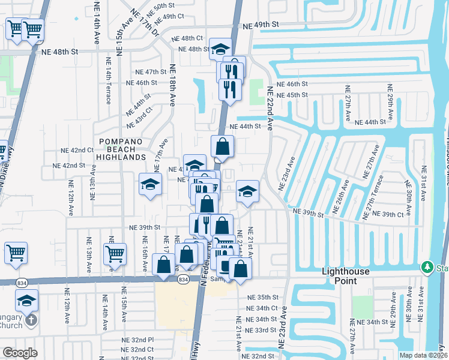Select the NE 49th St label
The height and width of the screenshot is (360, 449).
pos(261,25)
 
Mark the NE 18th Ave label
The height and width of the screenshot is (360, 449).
pos(172,85)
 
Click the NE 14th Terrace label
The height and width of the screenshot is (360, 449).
pos(109,86)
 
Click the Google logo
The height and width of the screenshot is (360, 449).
pos(20,352)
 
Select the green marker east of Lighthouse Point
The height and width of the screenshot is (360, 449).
pos(427,266)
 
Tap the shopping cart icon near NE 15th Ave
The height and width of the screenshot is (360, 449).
pos(115,253)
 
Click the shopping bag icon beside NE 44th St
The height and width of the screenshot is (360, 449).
pos(222,146)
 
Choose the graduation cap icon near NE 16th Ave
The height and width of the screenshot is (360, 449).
pos(150,185)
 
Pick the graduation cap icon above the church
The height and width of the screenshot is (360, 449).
pos(26,299)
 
